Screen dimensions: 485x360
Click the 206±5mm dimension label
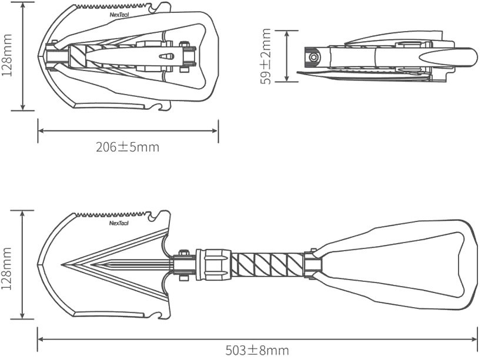click(x=128, y=147)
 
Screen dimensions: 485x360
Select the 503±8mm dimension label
click(x=257, y=351)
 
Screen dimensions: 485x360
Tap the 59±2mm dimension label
click(x=266, y=56)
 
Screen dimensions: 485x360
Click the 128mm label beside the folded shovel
click(x=7, y=56)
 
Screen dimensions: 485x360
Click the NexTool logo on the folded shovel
click(x=119, y=15)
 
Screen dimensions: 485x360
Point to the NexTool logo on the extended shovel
click(x=119, y=223)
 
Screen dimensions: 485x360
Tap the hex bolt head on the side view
click(x=314, y=57)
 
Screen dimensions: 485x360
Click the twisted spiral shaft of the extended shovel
click(x=267, y=265)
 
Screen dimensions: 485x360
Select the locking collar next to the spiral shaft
click(x=214, y=264)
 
